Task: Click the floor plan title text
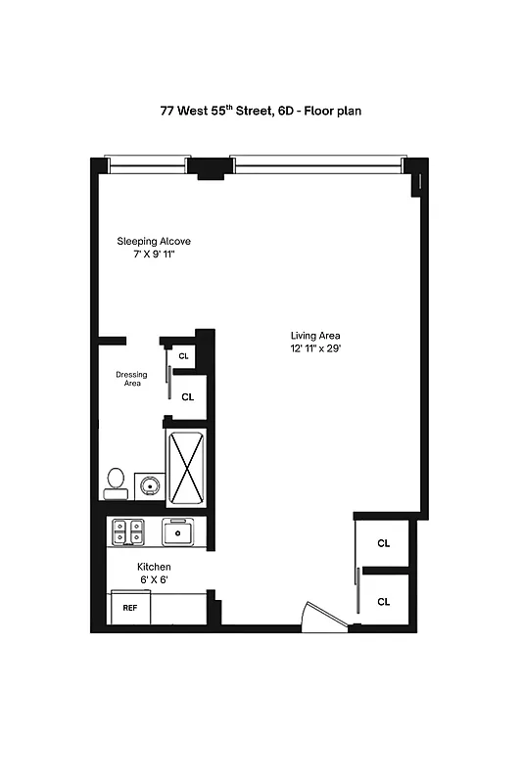click(261, 111)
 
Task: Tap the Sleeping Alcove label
click(154, 241)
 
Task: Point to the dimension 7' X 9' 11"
click(154, 254)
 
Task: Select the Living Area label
click(314, 336)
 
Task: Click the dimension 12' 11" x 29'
click(314, 348)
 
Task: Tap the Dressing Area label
click(131, 379)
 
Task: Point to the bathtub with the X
click(186, 465)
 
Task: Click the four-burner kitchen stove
click(128, 531)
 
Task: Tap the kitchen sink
click(178, 532)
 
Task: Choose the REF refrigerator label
click(129, 608)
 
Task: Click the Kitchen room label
click(154, 567)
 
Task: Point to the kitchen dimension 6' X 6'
click(154, 580)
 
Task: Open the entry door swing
click(323, 617)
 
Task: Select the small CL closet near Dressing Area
click(183, 355)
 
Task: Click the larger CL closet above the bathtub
click(188, 397)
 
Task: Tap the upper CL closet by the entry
click(384, 543)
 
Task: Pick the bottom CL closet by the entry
click(384, 601)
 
